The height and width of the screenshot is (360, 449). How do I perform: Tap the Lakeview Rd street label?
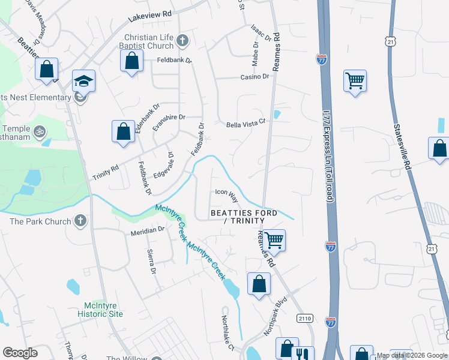pos(149,16)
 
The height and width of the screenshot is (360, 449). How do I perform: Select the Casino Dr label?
pos(255,77)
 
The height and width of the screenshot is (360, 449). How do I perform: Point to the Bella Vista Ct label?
pos(246,124)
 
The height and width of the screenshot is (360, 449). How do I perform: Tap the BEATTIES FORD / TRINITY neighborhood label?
pos(243,217)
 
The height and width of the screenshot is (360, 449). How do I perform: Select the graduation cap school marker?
pos(83,80)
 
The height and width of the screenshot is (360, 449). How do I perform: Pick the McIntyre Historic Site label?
pos(100,310)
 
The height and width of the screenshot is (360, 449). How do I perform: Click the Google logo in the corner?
pos(20,352)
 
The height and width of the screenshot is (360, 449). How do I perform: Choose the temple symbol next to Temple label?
pos(40,130)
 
